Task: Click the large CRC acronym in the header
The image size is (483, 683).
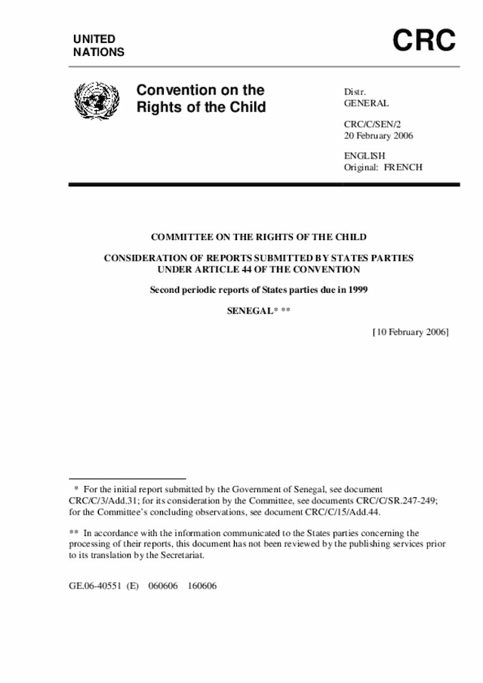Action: [x=424, y=42]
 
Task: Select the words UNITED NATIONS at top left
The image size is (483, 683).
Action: [x=99, y=45]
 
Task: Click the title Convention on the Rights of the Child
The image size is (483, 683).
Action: [x=201, y=99]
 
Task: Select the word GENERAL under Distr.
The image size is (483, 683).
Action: [x=366, y=103]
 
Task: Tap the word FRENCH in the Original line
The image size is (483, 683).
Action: [x=403, y=167]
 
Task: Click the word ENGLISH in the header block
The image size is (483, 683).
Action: [x=364, y=155]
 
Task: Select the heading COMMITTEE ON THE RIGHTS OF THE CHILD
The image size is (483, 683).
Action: [x=258, y=237]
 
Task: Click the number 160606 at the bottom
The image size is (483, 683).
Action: [x=202, y=585]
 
